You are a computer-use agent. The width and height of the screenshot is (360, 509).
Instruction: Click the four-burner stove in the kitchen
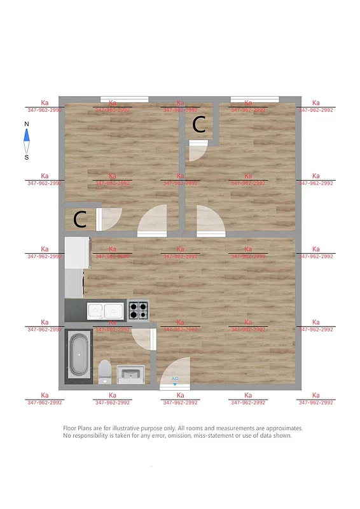click(x=139, y=311)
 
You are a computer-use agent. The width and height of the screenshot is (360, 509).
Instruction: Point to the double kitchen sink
click(x=106, y=311)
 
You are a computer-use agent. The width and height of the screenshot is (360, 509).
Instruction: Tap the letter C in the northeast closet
click(x=199, y=125)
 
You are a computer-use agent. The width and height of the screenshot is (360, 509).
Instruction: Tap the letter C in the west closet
click(x=80, y=220)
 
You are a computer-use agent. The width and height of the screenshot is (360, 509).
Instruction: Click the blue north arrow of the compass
click(x=27, y=136)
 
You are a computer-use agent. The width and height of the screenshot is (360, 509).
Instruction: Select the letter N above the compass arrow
click(x=27, y=124)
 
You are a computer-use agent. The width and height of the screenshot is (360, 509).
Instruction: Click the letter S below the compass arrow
click(x=27, y=158)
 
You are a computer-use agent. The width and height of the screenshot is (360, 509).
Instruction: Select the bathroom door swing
click(x=143, y=338)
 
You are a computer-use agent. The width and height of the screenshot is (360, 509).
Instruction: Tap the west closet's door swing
click(x=109, y=218)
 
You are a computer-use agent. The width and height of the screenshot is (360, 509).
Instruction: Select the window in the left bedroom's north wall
click(x=125, y=99)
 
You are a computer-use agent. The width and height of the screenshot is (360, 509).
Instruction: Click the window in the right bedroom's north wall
click(x=254, y=99)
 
